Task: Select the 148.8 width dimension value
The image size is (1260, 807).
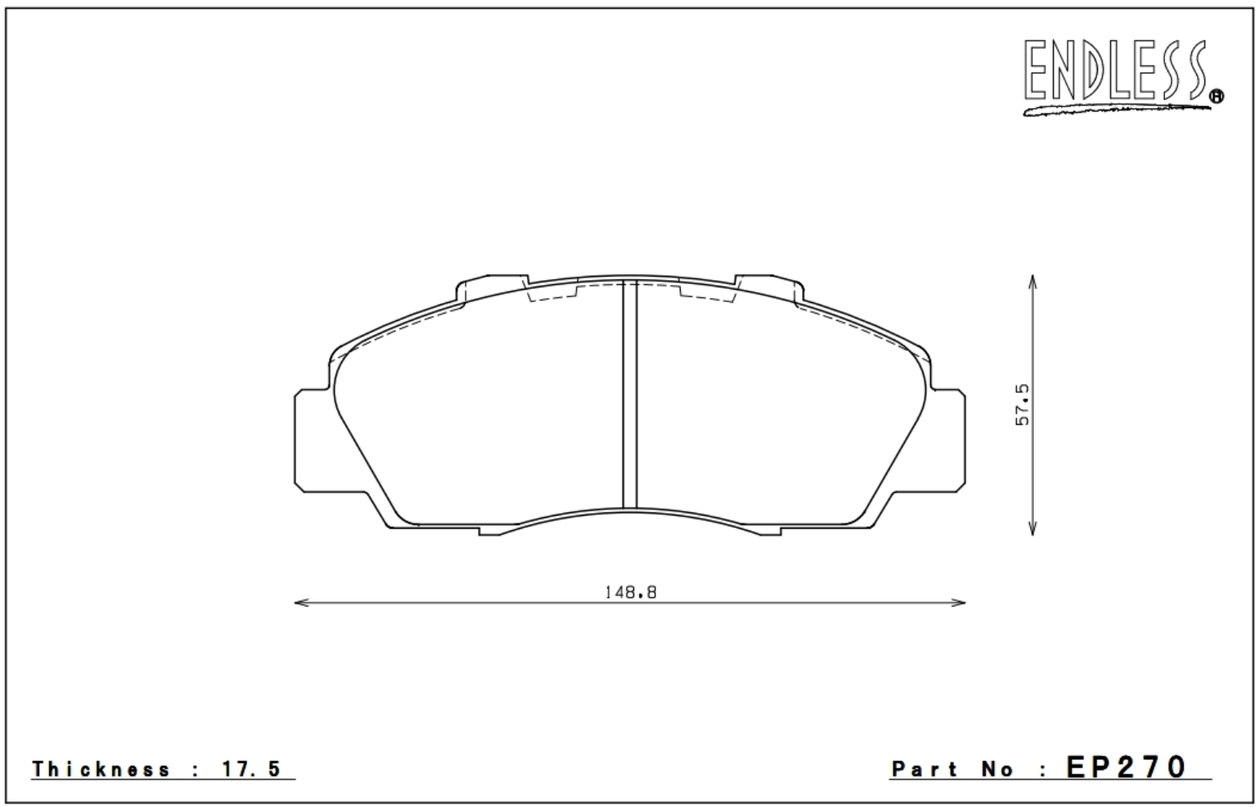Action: click(631, 593)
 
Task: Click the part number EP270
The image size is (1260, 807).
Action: click(1126, 767)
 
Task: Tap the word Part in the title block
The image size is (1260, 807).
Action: click(925, 769)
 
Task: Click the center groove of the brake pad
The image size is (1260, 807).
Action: click(629, 394)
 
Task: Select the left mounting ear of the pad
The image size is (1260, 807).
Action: click(311, 440)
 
